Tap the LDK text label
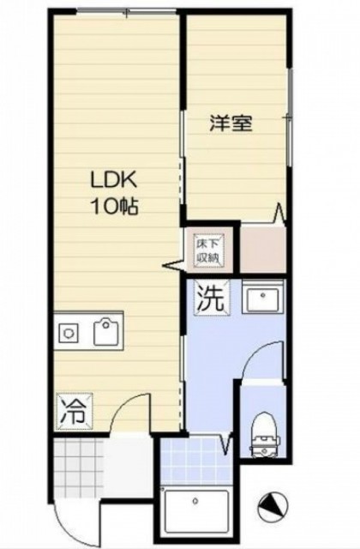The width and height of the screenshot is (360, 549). pos(113,181)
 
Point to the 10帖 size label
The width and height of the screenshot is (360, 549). pos(114,207)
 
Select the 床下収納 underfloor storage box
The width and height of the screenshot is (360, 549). pos(207,250)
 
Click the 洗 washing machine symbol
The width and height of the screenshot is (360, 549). pos(213,299)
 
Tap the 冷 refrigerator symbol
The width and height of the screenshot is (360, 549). pos(75,412)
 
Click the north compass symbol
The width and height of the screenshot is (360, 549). pos(273,506)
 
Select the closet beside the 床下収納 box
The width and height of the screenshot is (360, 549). pos(262,250)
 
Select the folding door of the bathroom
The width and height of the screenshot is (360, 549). pos(226,444)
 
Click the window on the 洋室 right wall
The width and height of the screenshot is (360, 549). pos(290,118)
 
